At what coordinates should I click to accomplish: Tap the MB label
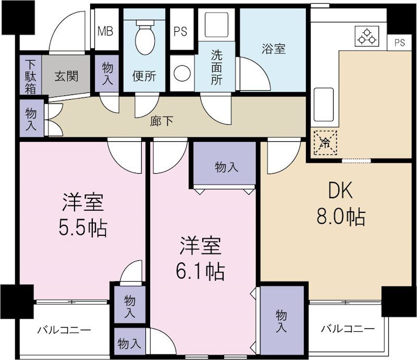[105, 31]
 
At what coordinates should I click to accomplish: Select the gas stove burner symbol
[367, 37]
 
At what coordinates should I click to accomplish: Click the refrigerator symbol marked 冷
[325, 142]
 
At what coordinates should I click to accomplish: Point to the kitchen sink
[324, 105]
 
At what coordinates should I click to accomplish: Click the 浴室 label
[274, 49]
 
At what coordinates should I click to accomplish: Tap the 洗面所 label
[216, 68]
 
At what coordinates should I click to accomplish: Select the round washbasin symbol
[182, 73]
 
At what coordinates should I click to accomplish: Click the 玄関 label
[67, 76]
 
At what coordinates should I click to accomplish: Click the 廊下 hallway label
[162, 122]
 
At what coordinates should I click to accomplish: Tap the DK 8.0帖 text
[341, 203]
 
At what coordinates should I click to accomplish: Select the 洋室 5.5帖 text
[83, 214]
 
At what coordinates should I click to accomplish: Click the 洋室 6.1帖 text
[201, 258]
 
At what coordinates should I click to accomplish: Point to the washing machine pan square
[217, 25]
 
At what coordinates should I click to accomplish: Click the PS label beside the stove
[399, 42]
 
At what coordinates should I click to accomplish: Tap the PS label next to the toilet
[180, 31]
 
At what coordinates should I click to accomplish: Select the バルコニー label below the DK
[348, 329]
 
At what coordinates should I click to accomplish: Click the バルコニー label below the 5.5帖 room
[64, 330]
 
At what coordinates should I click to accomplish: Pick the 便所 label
[144, 76]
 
